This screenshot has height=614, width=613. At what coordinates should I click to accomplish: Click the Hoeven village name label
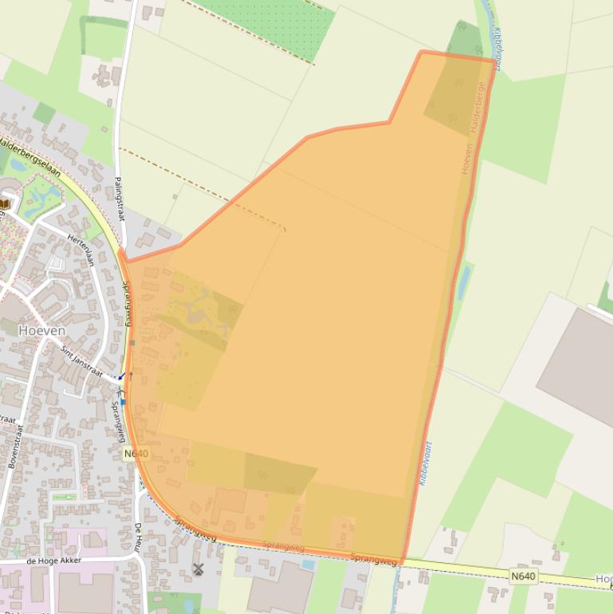[41, 330]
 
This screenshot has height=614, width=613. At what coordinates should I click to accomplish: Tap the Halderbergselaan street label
[30, 155]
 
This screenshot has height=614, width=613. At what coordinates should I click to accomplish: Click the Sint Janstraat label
[81, 361]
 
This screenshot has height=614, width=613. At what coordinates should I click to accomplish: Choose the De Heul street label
[137, 538]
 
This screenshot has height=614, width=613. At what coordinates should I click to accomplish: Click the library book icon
[4, 204]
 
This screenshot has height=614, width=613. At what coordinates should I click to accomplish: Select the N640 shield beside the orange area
[136, 453]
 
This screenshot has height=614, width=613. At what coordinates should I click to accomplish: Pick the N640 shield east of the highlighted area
[523, 576]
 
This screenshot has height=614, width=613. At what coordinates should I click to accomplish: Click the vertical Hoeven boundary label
[466, 158]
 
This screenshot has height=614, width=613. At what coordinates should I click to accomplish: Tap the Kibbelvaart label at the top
[497, 48]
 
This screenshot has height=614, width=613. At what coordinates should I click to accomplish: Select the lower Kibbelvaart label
[424, 463]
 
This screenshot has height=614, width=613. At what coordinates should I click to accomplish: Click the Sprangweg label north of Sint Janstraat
[127, 303]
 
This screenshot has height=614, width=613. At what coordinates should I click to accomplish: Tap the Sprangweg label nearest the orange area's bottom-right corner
[373, 560]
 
